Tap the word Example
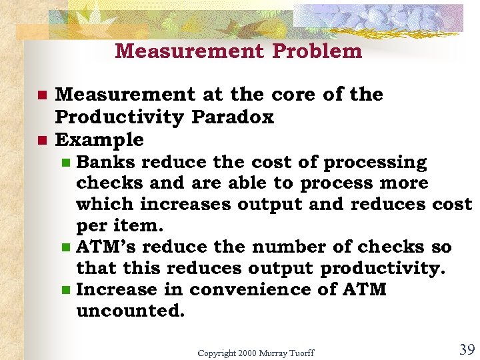tap(99, 140)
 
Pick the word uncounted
tap(131, 311)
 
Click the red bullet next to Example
tap(41, 141)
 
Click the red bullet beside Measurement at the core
tap(41, 95)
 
